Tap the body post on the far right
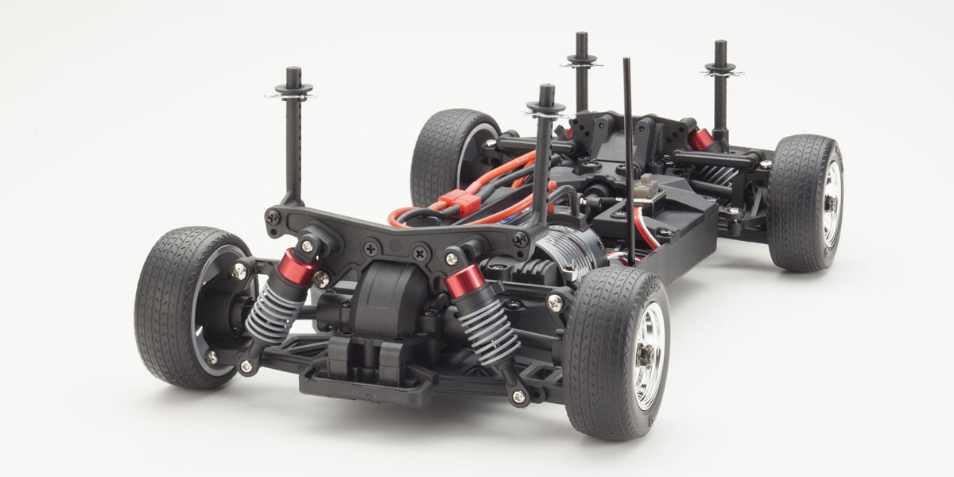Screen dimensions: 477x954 720,87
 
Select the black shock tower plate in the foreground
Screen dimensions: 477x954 397,234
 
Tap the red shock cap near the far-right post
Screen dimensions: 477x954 701,140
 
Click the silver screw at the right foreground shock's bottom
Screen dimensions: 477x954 518,395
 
